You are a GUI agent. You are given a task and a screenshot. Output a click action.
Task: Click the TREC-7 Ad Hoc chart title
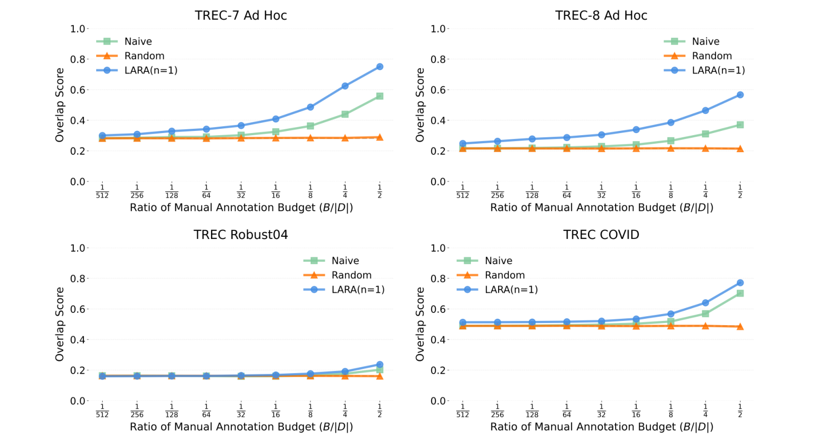(x=241, y=15)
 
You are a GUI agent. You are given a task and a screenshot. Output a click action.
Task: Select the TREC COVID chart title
(x=601, y=235)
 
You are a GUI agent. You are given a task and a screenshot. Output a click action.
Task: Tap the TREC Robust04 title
(x=241, y=235)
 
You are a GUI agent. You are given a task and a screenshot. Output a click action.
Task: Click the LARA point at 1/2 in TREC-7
(x=380, y=67)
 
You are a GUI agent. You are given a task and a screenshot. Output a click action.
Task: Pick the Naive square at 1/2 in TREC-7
(x=380, y=96)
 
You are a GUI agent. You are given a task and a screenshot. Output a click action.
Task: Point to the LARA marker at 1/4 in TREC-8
(x=705, y=111)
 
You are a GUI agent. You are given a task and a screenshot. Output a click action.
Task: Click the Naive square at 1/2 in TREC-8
(x=740, y=125)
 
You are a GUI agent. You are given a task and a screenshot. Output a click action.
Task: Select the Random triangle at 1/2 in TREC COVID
(x=740, y=326)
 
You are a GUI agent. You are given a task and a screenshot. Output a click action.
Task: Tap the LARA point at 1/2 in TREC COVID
(x=740, y=283)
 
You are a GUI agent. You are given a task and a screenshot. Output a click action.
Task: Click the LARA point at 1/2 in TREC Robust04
(x=380, y=365)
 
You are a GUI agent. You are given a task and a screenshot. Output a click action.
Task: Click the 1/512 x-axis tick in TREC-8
(x=462, y=191)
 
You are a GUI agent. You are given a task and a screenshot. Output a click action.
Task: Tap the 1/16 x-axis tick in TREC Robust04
(x=275, y=410)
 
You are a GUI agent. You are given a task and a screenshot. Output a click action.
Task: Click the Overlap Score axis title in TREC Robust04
(x=60, y=324)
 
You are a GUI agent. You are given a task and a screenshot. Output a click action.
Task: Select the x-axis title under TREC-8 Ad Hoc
(x=601, y=208)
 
